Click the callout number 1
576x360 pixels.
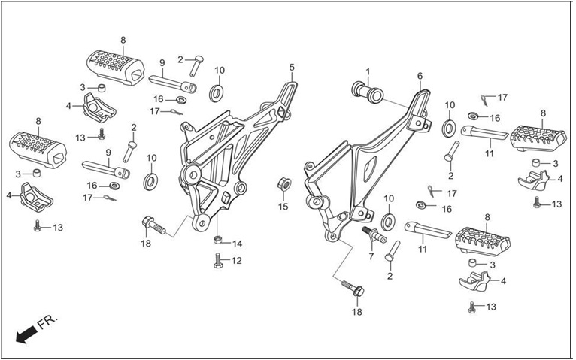[x=368, y=71]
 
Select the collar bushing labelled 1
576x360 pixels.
[x=368, y=92]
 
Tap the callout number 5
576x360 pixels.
[x=292, y=67]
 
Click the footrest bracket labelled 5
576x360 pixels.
[x=235, y=154]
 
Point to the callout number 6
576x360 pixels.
[x=420, y=76]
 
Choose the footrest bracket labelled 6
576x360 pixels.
[x=368, y=165]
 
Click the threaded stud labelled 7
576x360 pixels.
[x=374, y=234]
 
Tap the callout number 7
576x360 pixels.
[x=371, y=256]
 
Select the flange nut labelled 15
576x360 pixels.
[x=283, y=184]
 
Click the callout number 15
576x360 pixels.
[x=283, y=207]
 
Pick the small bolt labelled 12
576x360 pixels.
[x=218, y=261]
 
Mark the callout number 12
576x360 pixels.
[x=237, y=261]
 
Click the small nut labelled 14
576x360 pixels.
[x=218, y=240]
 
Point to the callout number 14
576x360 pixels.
[x=237, y=244]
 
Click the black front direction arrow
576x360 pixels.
[x=26, y=334]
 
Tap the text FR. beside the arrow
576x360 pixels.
[x=48, y=322]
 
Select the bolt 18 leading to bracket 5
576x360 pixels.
[x=153, y=225]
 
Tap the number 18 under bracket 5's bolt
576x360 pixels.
[x=146, y=244]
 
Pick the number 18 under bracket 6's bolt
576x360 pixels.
[x=357, y=312]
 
